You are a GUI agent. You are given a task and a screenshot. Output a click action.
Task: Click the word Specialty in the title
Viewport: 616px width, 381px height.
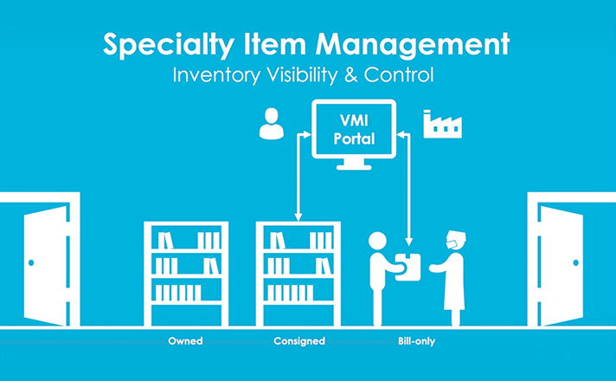(169, 46)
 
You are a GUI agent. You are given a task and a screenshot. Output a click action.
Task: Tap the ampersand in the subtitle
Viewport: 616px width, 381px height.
(350, 74)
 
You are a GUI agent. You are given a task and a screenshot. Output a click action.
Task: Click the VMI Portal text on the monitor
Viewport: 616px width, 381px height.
(354, 129)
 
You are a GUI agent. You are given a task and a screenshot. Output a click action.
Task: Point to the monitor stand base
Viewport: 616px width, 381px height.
(354, 167)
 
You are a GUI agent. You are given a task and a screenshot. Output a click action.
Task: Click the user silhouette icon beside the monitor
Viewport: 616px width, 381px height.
(272, 124)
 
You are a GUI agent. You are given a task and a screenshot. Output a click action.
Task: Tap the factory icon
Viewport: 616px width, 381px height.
(442, 124)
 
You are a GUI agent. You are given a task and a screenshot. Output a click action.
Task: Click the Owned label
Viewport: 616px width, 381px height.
(185, 341)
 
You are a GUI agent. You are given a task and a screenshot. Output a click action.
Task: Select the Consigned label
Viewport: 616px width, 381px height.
(299, 341)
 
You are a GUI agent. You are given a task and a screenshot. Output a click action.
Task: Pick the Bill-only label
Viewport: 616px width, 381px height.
(416, 341)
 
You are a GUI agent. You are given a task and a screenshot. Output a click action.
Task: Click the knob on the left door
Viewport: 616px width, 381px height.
(31, 262)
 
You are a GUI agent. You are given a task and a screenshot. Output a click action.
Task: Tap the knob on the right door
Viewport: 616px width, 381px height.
(575, 262)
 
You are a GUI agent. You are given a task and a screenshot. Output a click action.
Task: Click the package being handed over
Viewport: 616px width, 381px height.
(407, 267)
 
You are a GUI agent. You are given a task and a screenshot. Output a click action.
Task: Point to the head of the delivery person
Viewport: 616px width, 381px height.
(377, 241)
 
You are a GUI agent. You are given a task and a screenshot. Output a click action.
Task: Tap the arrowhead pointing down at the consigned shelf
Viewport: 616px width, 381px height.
(298, 217)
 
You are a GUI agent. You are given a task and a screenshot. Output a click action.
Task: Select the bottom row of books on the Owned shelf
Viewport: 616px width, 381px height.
(178, 293)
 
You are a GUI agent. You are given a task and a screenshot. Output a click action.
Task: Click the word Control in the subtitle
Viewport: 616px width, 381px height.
(399, 74)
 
